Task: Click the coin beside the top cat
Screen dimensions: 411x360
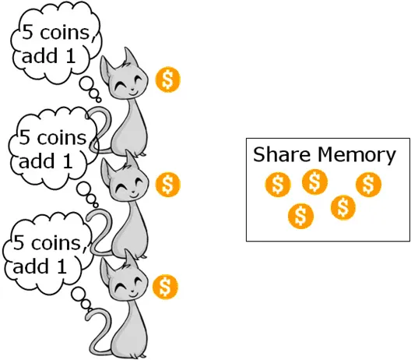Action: tap(168, 79)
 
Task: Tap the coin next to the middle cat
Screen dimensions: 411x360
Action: tap(168, 184)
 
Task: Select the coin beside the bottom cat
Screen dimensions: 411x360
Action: tap(165, 287)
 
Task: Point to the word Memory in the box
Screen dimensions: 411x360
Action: tap(357, 156)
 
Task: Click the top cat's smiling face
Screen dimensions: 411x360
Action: tap(128, 84)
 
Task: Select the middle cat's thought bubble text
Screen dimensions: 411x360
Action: tap(52, 149)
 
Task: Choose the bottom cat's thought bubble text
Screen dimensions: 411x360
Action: tap(47, 255)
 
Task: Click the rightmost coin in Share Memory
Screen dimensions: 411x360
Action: tap(368, 184)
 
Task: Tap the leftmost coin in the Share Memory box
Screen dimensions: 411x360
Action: tap(278, 184)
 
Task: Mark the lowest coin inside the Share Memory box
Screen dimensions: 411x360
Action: tap(300, 217)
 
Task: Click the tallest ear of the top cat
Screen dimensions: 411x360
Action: tap(130, 57)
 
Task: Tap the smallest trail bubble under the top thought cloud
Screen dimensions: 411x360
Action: tap(98, 100)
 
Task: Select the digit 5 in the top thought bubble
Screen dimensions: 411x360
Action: tap(27, 32)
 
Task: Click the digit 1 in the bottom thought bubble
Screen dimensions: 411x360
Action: tap(61, 266)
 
